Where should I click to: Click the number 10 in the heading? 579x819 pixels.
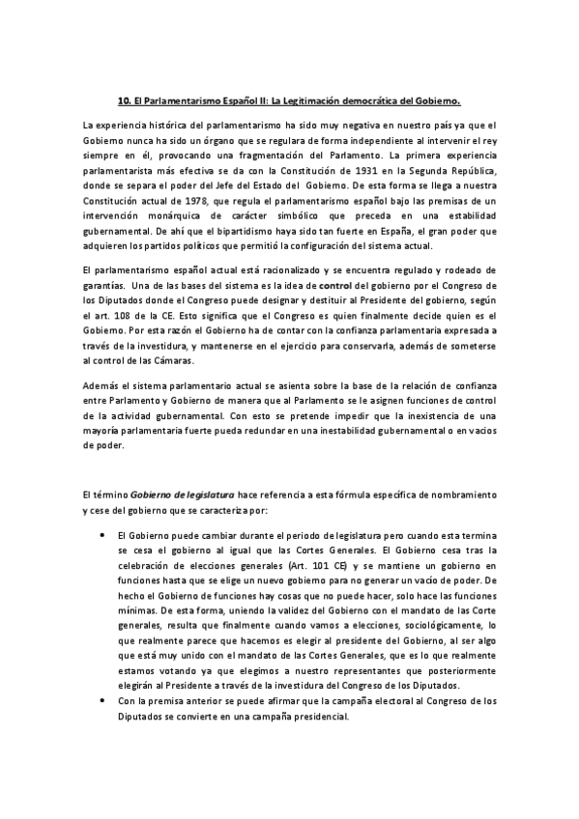[x=123, y=99]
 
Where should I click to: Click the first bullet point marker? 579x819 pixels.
[x=104, y=534]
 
